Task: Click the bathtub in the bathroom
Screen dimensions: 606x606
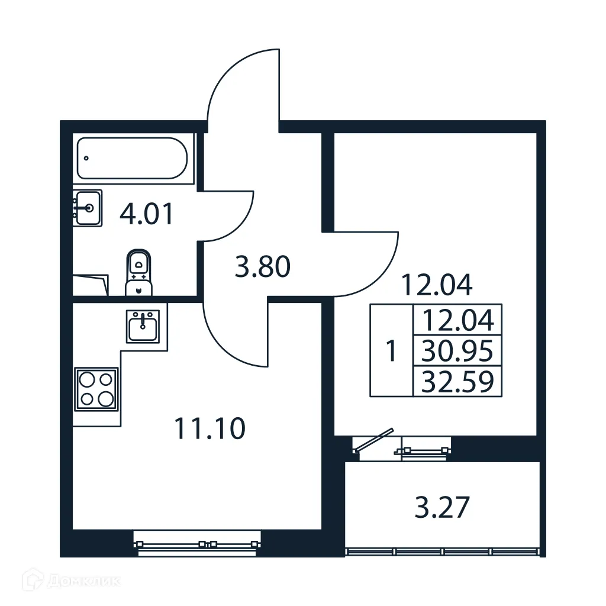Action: pyautogui.click(x=132, y=158)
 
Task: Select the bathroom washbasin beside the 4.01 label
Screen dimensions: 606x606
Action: pyautogui.click(x=88, y=208)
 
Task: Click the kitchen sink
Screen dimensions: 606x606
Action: pyautogui.click(x=142, y=326)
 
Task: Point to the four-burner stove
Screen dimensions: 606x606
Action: pyautogui.click(x=96, y=388)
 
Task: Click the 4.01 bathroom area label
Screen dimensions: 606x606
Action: pyautogui.click(x=147, y=214)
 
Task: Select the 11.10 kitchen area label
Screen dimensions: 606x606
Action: pyautogui.click(x=210, y=428)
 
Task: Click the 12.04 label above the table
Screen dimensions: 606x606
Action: pyautogui.click(x=437, y=285)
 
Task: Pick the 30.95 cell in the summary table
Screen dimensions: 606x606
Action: pyautogui.click(x=457, y=352)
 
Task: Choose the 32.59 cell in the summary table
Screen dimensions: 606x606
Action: pyautogui.click(x=457, y=382)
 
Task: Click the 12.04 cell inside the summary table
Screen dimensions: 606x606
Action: pyautogui.click(x=457, y=321)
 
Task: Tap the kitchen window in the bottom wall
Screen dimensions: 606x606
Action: pyautogui.click(x=197, y=543)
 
